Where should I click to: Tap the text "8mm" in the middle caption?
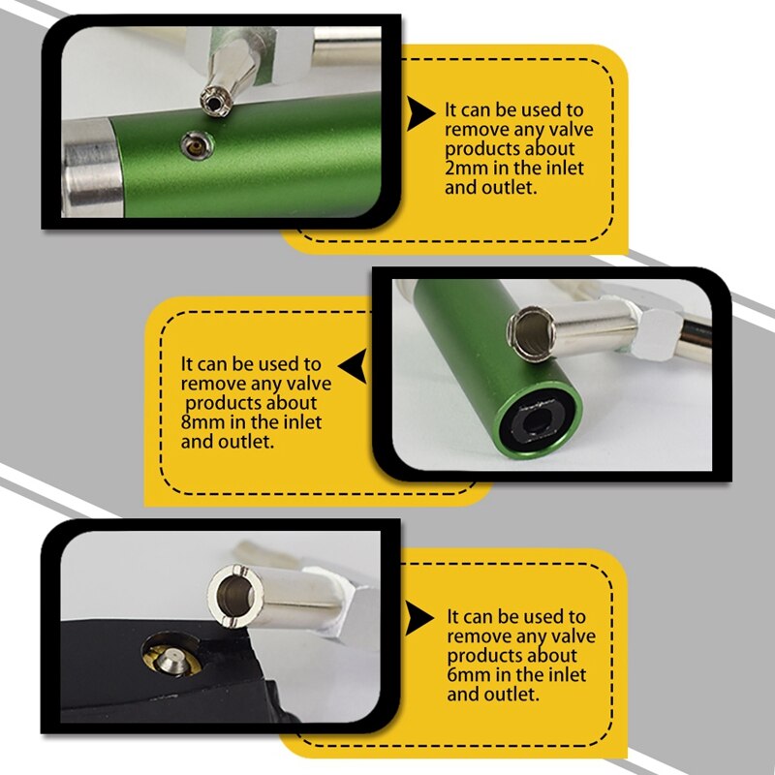[x=202, y=422]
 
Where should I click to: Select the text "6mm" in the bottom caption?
[x=467, y=676]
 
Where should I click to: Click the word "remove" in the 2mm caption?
[x=472, y=130]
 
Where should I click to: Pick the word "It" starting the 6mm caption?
[x=453, y=616]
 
